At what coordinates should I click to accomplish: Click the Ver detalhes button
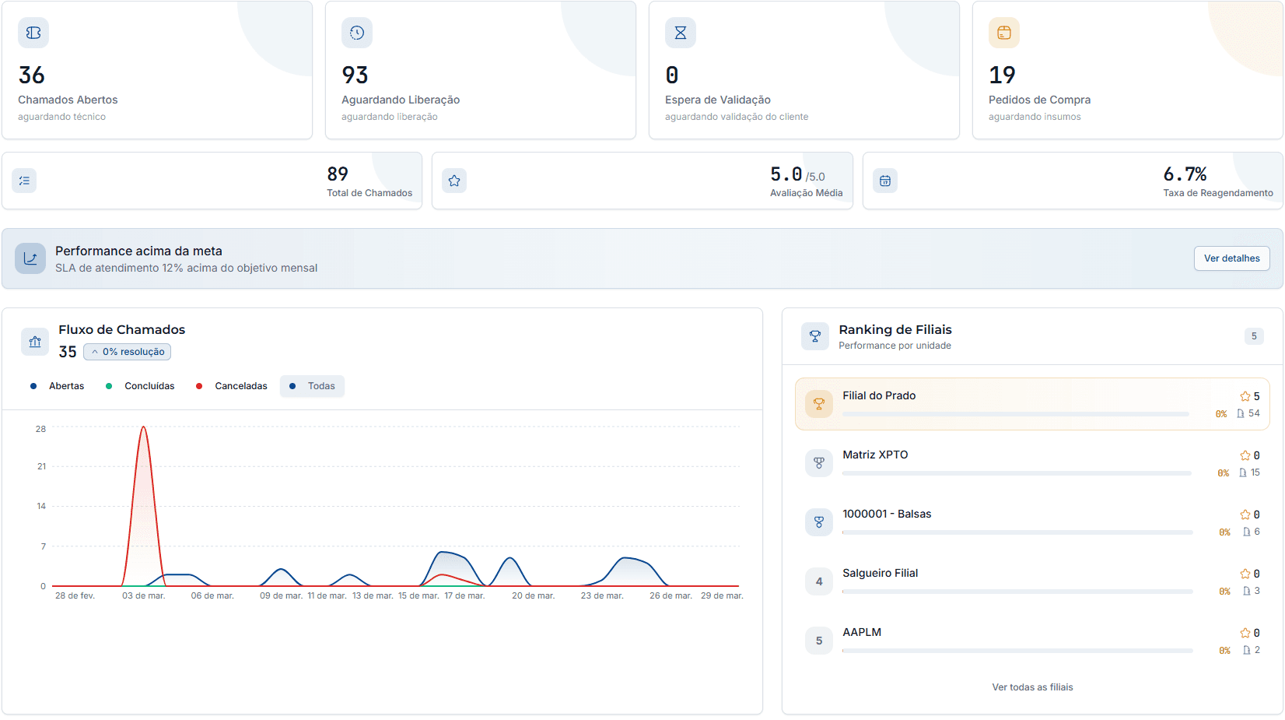click(x=1231, y=258)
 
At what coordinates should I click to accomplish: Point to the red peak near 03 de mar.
click(x=143, y=427)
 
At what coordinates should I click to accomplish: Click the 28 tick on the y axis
click(x=40, y=429)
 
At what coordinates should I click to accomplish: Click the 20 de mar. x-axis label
click(x=533, y=595)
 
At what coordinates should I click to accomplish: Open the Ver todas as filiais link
click(x=1032, y=687)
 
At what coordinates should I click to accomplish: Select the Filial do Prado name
click(x=879, y=395)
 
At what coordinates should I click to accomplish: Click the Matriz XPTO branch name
click(x=875, y=455)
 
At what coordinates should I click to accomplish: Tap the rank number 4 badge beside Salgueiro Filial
click(x=818, y=581)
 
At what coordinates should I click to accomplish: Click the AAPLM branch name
click(x=862, y=632)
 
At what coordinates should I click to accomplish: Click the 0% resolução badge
click(x=128, y=352)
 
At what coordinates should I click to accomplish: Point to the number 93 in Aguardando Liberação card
click(x=355, y=76)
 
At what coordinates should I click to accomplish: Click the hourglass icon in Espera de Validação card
click(x=681, y=33)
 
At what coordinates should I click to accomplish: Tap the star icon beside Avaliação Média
click(x=454, y=181)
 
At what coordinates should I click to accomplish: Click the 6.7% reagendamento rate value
click(x=1185, y=174)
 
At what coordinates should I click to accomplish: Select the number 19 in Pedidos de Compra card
click(x=1002, y=76)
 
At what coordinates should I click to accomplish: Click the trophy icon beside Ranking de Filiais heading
click(x=814, y=336)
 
